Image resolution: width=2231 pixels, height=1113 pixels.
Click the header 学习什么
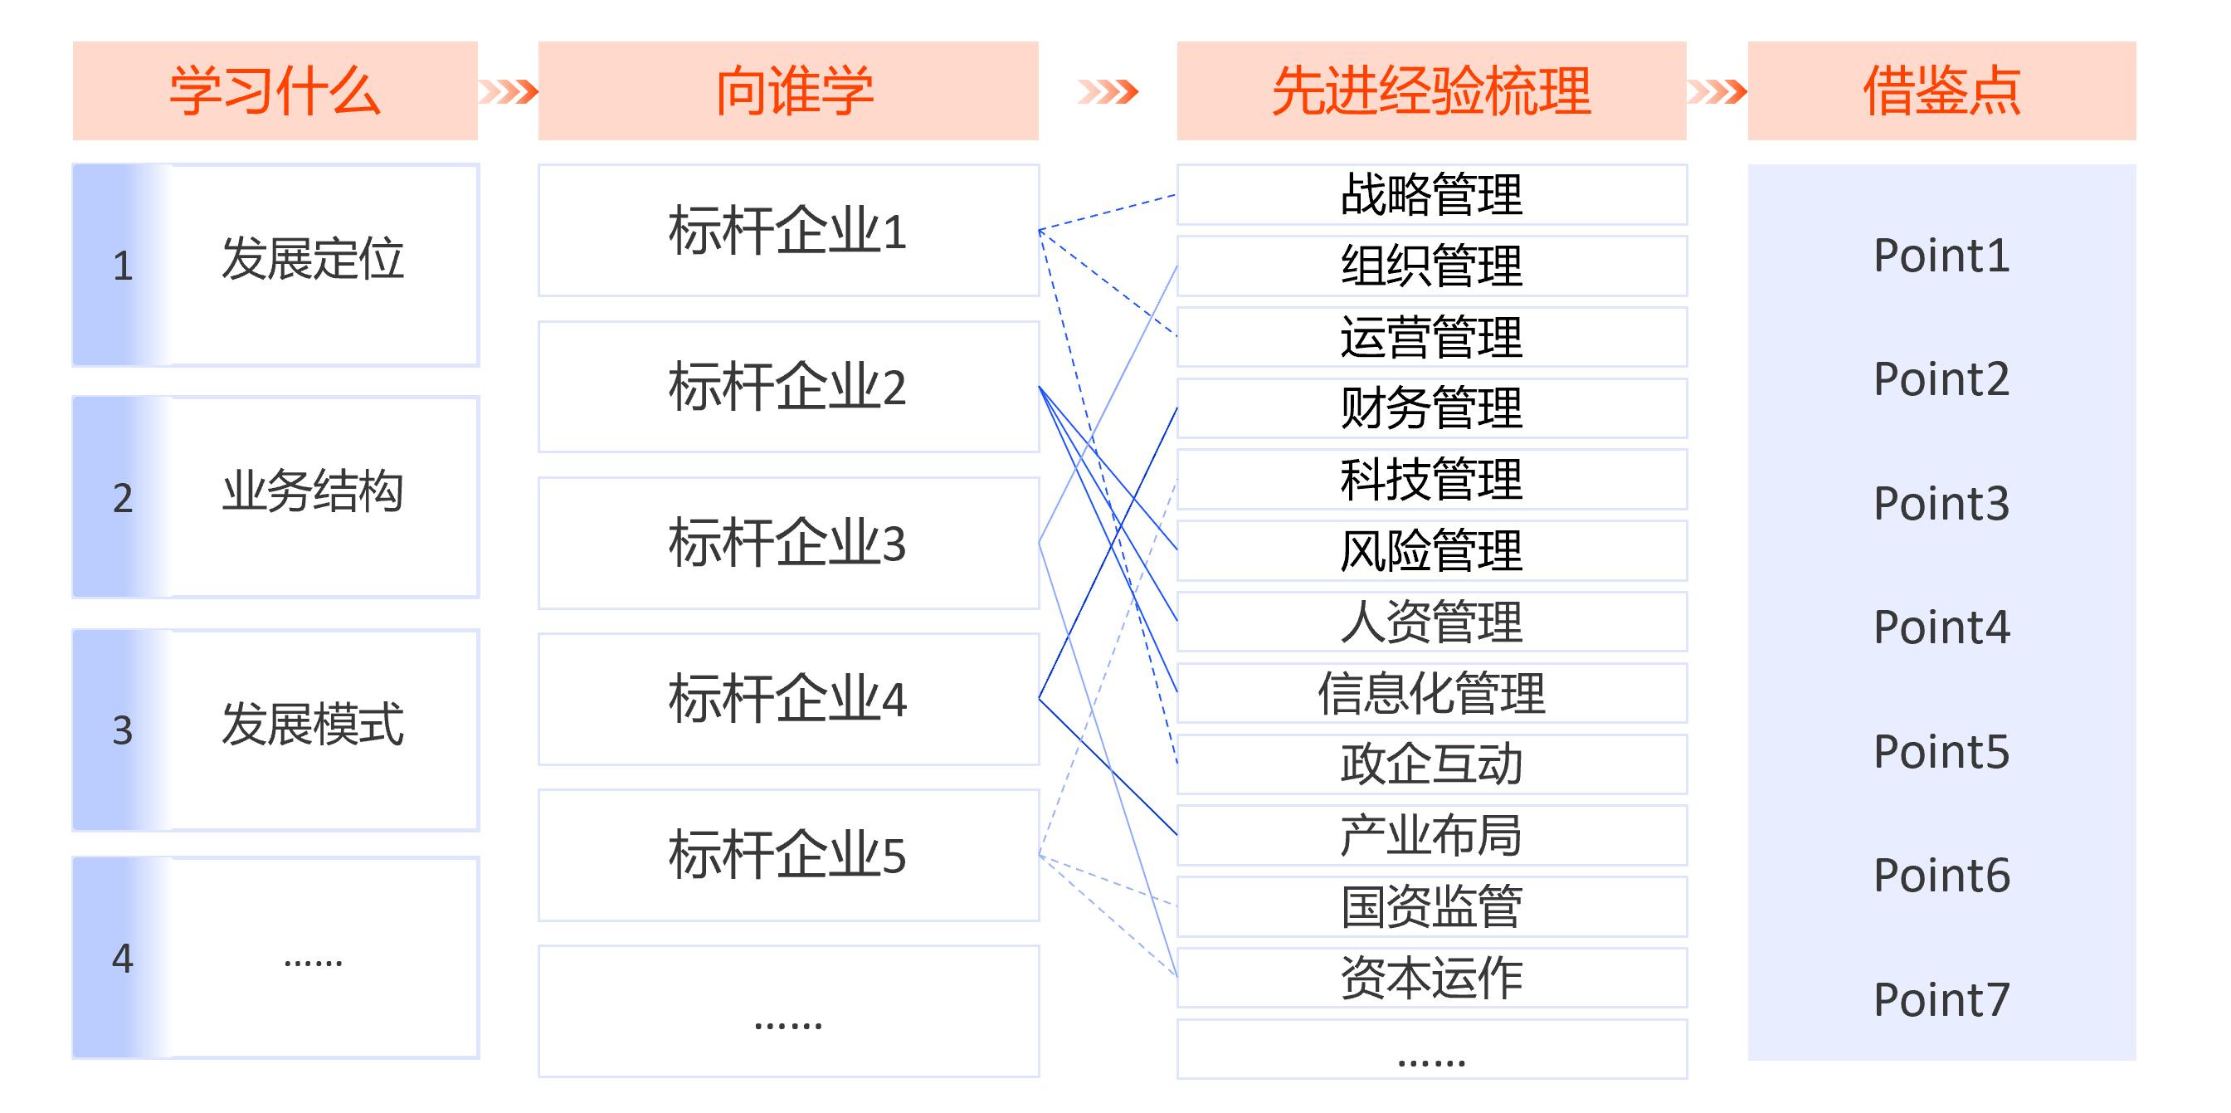pyautogui.click(x=275, y=91)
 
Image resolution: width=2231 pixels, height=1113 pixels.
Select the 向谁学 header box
pyautogui.click(x=788, y=91)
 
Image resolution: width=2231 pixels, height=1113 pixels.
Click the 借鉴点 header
pyautogui.click(x=1941, y=91)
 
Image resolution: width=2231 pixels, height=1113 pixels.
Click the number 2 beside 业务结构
pyautogui.click(x=123, y=498)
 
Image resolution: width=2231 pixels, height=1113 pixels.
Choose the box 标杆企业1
pyautogui.click(x=788, y=231)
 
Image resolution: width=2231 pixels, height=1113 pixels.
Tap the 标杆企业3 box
pyautogui.click(x=788, y=543)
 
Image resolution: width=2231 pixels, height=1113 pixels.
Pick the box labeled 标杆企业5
pyautogui.click(x=788, y=855)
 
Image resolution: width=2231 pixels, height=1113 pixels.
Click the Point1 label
pyautogui.click(x=1941, y=256)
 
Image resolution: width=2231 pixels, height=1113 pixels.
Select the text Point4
pyautogui.click(x=1941, y=628)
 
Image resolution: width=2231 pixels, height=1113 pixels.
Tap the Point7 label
pyautogui.click(x=1941, y=1000)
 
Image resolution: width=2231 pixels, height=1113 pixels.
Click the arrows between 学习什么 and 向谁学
pyautogui.click(x=509, y=91)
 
